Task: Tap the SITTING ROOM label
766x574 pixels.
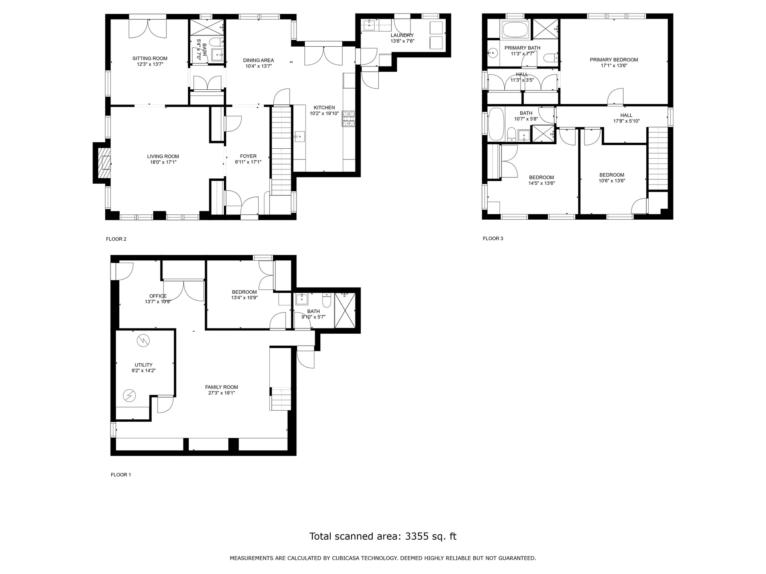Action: [150, 59]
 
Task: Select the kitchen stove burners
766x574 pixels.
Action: [348, 119]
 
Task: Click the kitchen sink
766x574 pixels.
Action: [299, 137]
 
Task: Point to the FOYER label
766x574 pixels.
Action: [248, 156]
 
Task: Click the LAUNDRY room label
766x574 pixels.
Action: [402, 35]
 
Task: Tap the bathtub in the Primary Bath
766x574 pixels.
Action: [515, 30]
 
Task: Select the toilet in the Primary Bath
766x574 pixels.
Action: [551, 58]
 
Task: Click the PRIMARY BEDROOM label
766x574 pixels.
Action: [614, 60]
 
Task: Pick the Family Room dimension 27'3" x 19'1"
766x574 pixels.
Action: [222, 393]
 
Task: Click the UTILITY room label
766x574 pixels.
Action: [144, 365]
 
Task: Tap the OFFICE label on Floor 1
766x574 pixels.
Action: [158, 296]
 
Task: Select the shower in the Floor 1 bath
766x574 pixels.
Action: [345, 310]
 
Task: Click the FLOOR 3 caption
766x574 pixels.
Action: [493, 238]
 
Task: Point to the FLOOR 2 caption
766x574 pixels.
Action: [116, 239]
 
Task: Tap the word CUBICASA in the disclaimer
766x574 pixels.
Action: [348, 558]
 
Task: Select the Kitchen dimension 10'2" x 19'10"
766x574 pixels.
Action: [324, 113]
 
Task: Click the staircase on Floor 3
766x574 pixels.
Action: [657, 159]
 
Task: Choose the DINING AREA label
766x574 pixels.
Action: [259, 61]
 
